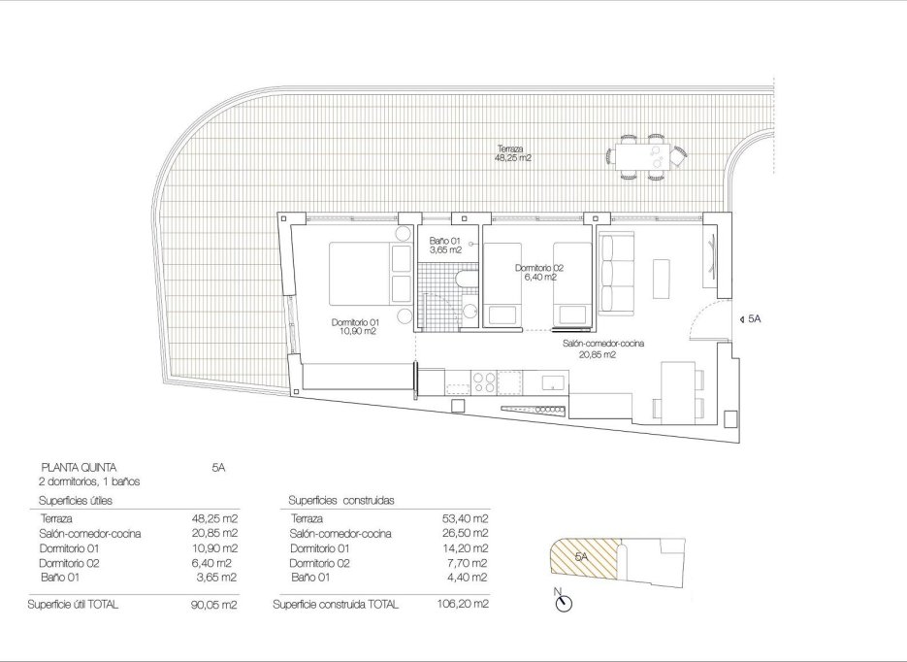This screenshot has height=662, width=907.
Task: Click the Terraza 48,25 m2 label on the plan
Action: (x=512, y=151)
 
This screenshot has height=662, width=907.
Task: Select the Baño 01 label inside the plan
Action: (x=444, y=245)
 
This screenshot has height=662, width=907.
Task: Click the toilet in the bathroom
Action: (x=464, y=282)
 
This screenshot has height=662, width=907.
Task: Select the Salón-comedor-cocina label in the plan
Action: (x=604, y=348)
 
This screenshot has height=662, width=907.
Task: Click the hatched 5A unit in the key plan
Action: (x=582, y=558)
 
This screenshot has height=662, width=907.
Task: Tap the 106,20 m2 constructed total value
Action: (x=466, y=604)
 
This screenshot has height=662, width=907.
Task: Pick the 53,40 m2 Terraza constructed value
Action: (x=466, y=519)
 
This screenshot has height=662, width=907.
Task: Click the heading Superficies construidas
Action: (x=340, y=500)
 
